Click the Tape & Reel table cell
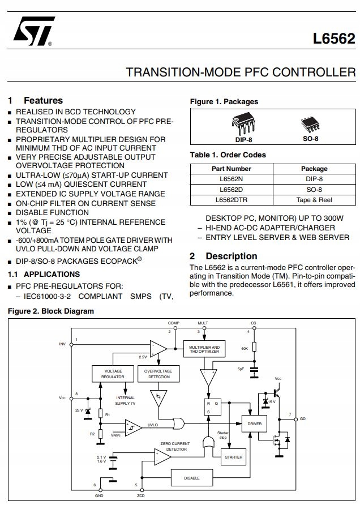pyautogui.click(x=314, y=200)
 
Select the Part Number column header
pyautogui.click(x=232, y=169)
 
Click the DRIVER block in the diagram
pyautogui.click(x=255, y=423)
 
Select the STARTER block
pyautogui.click(x=233, y=457)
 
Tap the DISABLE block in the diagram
pyautogui.click(x=192, y=478)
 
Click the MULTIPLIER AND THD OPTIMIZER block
pyautogui.click(x=204, y=348)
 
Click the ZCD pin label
pyautogui.click(x=141, y=496)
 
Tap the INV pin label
pyautogui.click(x=62, y=344)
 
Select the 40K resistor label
pyautogui.click(x=245, y=348)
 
